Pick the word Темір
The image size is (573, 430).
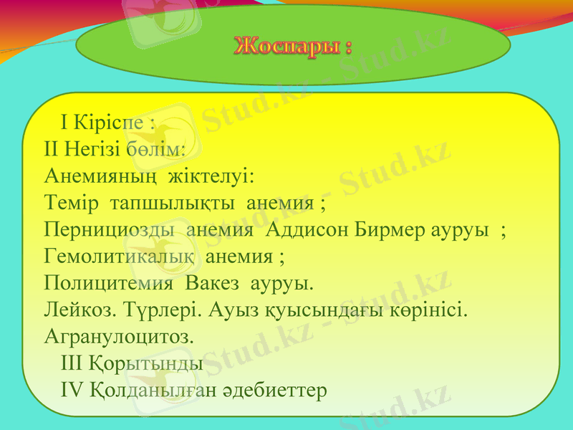click(x=71, y=203)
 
